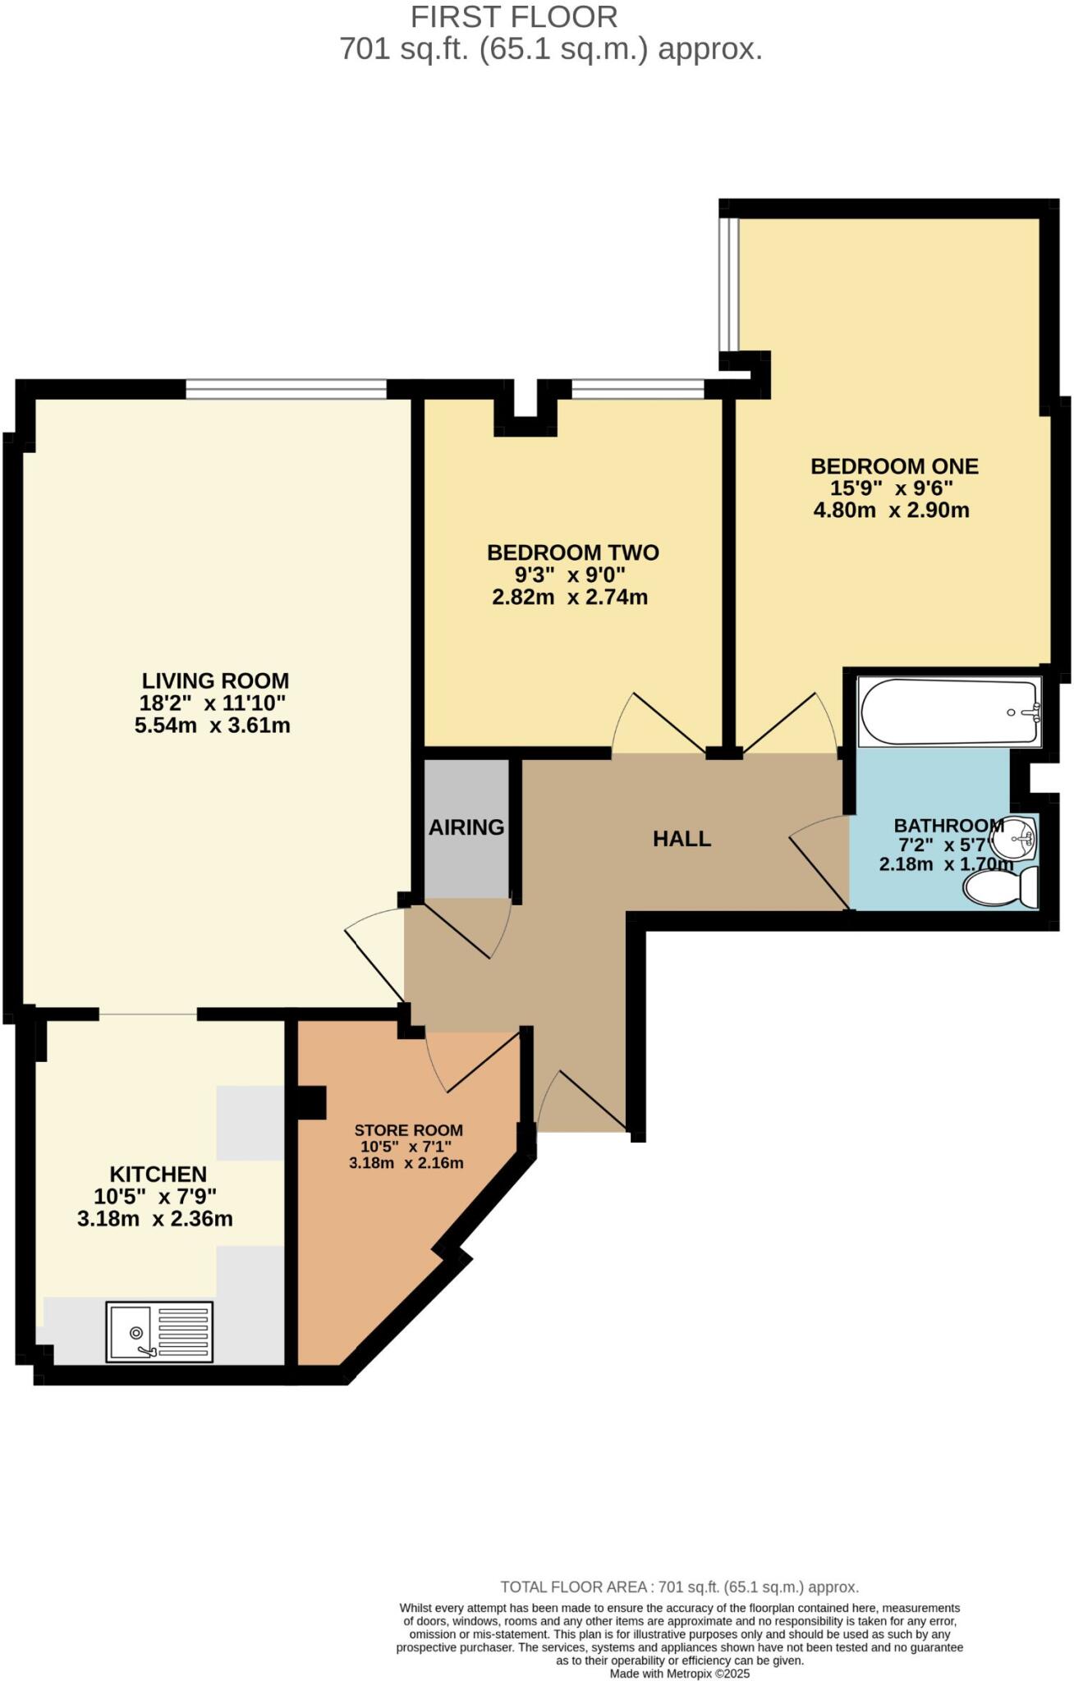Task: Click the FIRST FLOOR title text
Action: click(514, 16)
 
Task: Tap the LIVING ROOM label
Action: click(215, 680)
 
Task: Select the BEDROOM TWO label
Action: click(573, 552)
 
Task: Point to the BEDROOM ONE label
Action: click(894, 466)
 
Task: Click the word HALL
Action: click(682, 839)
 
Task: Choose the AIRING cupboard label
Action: click(466, 827)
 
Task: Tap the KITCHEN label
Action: click(158, 1175)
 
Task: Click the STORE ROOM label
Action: click(408, 1130)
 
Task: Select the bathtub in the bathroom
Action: click(948, 712)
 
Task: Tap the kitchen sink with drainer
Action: click(159, 1331)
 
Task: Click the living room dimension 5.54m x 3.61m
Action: click(212, 726)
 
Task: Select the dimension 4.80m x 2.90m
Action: click(891, 511)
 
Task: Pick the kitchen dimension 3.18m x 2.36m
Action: click(154, 1219)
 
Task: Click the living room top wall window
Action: click(286, 389)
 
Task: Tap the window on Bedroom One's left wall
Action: click(728, 284)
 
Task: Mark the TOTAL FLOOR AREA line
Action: click(679, 1587)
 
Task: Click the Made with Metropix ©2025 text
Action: click(679, 1674)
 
